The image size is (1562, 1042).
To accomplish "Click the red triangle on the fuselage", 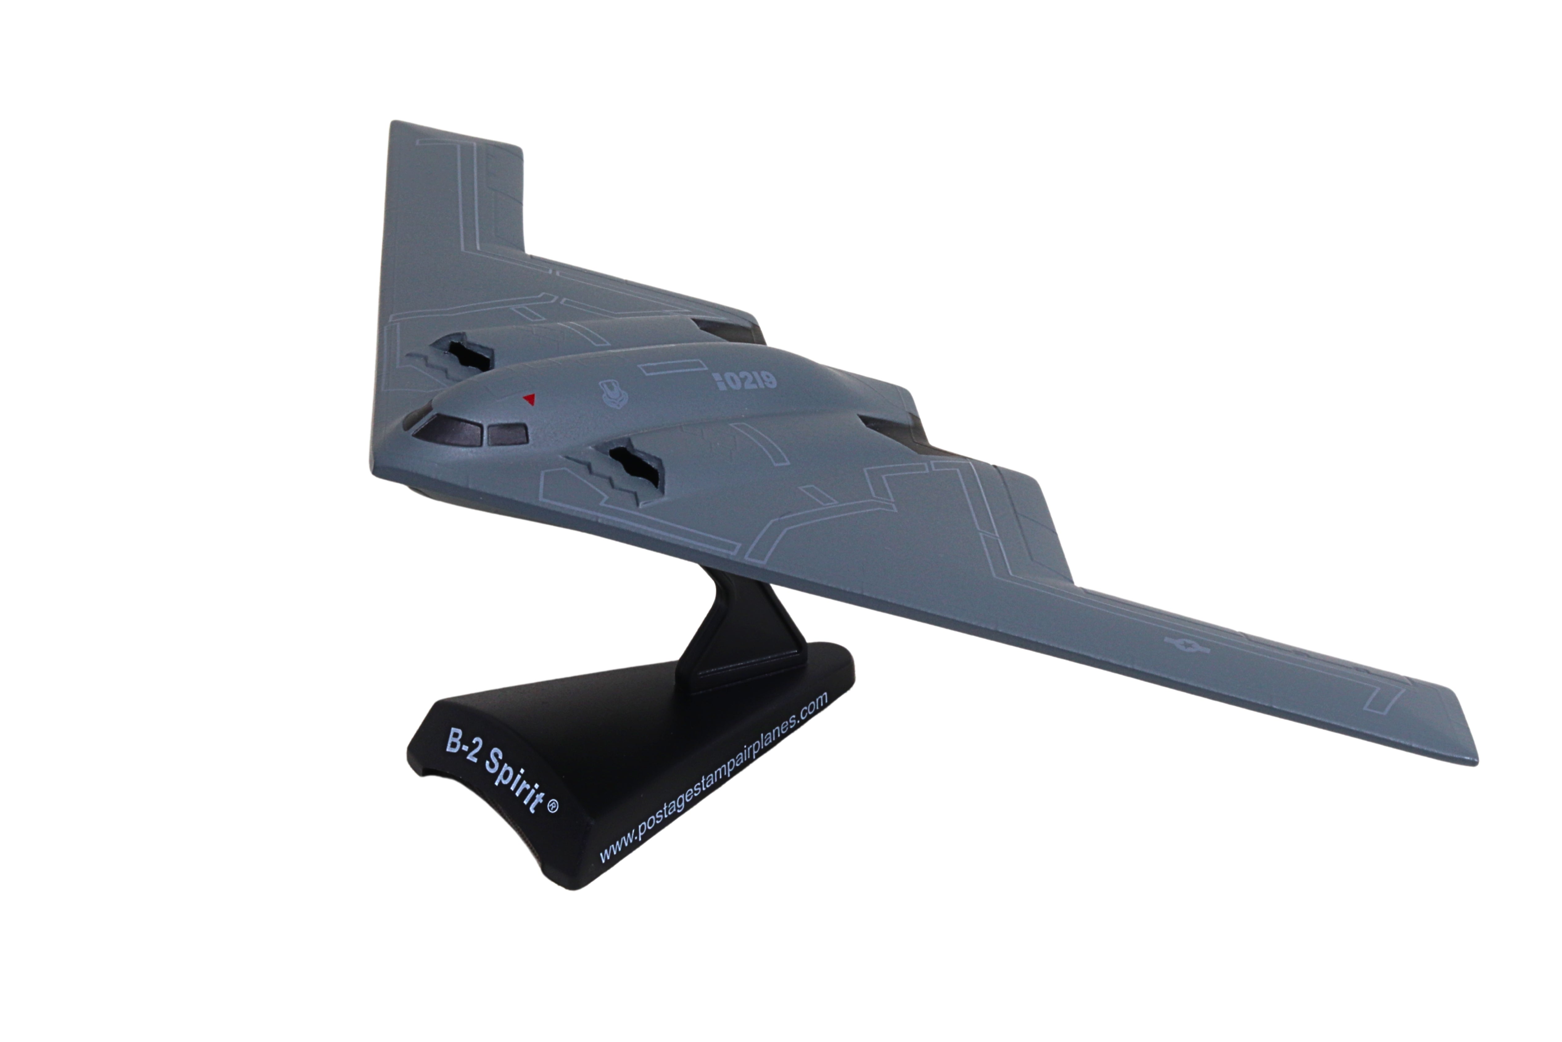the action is click(x=529, y=400).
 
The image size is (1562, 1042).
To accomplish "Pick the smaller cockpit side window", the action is click(x=508, y=434).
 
